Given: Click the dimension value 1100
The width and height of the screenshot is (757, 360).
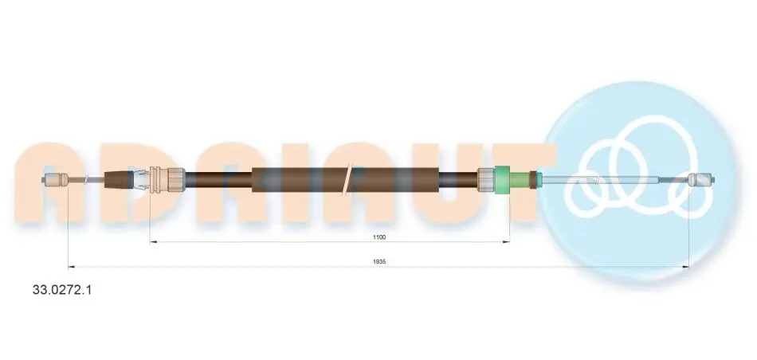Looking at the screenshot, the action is pyautogui.click(x=379, y=237).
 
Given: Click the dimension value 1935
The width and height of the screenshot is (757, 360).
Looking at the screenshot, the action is pyautogui.click(x=379, y=261).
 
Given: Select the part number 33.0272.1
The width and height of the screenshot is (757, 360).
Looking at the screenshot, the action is pyautogui.click(x=61, y=290).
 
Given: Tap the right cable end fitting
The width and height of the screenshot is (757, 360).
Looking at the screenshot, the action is pyautogui.click(x=701, y=180).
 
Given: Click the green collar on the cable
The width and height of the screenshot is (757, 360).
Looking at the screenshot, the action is pyautogui.click(x=503, y=180).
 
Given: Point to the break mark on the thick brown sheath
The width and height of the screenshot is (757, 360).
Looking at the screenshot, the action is pyautogui.click(x=348, y=180).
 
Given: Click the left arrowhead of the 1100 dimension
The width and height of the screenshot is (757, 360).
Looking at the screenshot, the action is pyautogui.click(x=152, y=241).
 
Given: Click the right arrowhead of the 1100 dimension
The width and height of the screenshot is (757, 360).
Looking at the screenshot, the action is pyautogui.click(x=507, y=241).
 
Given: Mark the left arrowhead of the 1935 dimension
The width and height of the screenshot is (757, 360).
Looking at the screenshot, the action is pyautogui.click(x=71, y=266).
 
